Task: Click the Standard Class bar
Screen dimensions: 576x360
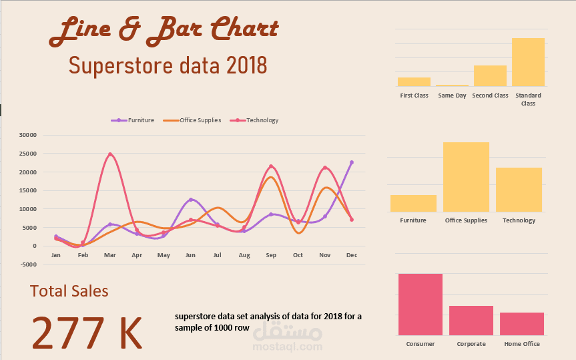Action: (528, 62)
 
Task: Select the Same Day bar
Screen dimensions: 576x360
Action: (452, 85)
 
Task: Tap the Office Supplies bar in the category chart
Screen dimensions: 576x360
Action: (466, 177)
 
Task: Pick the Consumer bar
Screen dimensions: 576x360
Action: (420, 305)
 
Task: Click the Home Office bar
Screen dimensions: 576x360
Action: (522, 324)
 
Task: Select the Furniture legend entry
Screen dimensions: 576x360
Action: (133, 120)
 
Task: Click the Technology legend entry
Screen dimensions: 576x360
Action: (254, 120)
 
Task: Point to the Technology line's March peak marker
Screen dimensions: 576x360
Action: (110, 154)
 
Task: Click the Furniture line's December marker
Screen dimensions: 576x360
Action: (352, 162)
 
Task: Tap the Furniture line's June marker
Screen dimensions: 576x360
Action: (190, 200)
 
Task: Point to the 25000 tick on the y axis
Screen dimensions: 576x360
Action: (28, 154)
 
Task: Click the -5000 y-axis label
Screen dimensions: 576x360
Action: (28, 264)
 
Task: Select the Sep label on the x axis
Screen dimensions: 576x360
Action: (271, 255)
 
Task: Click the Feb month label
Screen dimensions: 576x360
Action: (83, 255)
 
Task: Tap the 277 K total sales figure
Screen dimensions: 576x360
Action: (87, 333)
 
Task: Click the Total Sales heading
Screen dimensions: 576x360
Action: (69, 291)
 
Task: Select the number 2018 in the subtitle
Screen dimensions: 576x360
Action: (246, 66)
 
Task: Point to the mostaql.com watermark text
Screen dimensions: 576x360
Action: (288, 347)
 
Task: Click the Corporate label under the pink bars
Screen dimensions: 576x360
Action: (471, 344)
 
